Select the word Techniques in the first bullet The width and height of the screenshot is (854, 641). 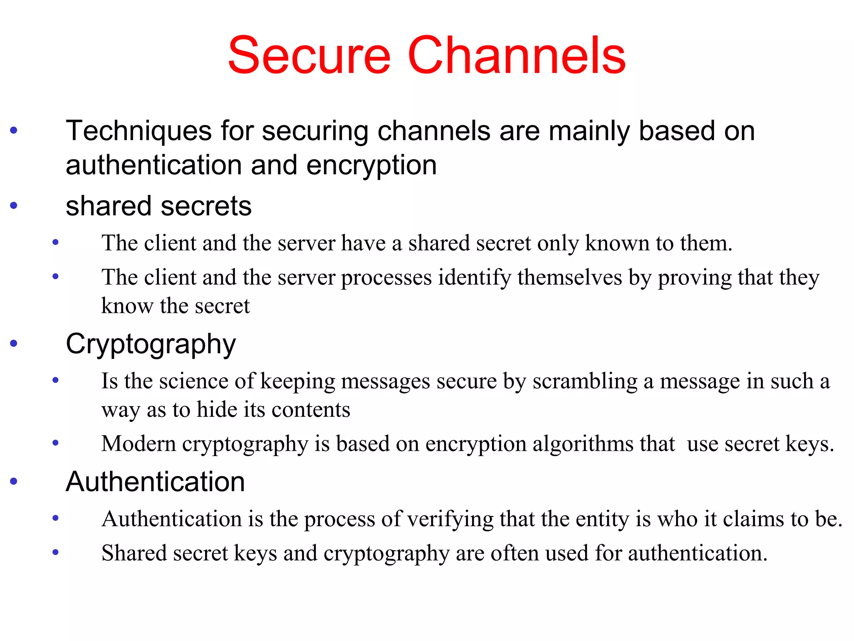139,131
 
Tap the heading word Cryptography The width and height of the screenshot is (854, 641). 151,345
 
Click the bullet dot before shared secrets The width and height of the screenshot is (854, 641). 14,205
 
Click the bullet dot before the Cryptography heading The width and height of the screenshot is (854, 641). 14,343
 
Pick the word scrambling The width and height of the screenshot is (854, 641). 585,381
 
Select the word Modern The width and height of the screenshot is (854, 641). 138,443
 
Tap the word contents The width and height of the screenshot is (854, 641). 311,410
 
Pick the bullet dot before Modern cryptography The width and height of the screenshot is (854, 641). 55,443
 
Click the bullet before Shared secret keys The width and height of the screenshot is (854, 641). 55,553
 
